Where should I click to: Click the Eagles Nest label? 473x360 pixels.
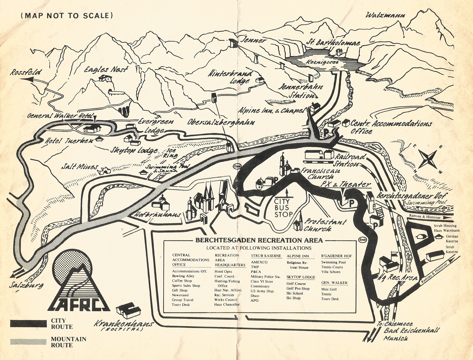coord(106,70)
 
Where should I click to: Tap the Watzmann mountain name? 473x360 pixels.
coord(385,14)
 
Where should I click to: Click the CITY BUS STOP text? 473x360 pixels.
coord(283,208)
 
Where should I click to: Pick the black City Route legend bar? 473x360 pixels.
coord(29,323)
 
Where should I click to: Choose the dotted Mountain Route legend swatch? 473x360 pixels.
coord(29,342)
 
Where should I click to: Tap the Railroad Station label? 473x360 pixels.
coord(350,160)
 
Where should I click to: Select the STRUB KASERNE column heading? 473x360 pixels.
coord(266,256)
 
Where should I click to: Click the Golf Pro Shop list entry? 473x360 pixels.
coord(298,289)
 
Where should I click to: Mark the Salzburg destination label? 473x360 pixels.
coord(26,285)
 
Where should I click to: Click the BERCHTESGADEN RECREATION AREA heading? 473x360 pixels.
coord(259,240)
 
